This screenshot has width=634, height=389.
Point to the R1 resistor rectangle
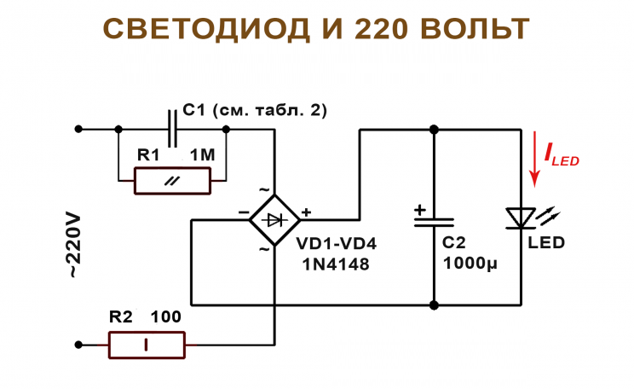(x=172, y=181)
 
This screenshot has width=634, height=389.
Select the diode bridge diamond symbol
(x=274, y=220)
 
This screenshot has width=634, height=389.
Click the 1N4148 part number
(x=336, y=264)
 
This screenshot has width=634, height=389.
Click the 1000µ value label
(x=470, y=263)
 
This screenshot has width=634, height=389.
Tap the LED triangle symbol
(x=519, y=218)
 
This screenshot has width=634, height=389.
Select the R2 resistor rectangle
(x=147, y=345)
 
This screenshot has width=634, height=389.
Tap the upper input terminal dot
(x=78, y=130)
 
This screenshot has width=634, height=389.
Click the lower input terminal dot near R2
(x=78, y=345)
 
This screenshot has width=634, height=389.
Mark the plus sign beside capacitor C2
(x=419, y=208)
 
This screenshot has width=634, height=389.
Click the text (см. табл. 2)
(x=268, y=110)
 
